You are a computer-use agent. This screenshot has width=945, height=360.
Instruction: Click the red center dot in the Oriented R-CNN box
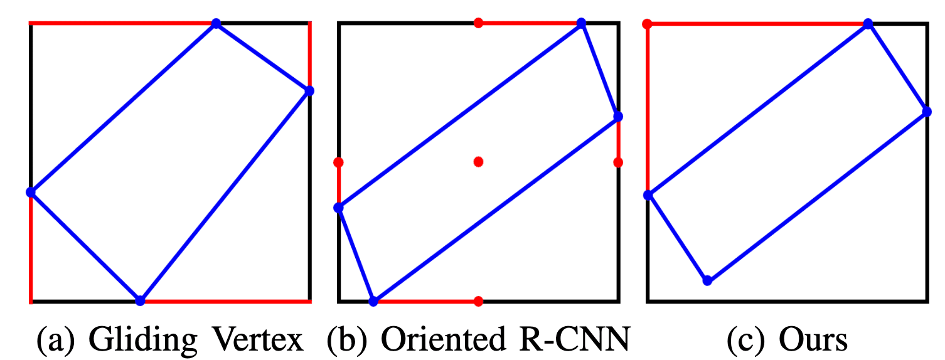[x=478, y=162]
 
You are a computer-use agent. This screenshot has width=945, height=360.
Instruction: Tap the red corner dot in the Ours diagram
[x=648, y=24]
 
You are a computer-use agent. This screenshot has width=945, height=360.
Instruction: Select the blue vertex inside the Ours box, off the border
[x=707, y=280]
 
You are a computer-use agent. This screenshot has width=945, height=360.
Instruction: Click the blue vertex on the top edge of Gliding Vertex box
[x=216, y=24]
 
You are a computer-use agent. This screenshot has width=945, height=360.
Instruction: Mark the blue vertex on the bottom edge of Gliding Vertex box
[x=140, y=300]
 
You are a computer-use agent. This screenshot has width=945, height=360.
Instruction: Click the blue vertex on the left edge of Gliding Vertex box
[x=31, y=192]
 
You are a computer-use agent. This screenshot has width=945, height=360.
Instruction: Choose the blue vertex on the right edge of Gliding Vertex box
[x=309, y=91]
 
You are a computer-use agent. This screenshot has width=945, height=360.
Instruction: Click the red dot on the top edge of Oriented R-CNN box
[x=478, y=23]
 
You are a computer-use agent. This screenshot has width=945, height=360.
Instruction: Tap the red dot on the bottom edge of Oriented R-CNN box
[x=478, y=301]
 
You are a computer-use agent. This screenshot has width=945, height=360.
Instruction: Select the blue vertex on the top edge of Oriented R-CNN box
[x=581, y=23]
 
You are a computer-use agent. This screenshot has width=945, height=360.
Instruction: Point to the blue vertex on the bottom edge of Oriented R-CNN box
[x=373, y=301]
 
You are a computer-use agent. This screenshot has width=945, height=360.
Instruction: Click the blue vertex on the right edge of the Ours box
[x=926, y=112]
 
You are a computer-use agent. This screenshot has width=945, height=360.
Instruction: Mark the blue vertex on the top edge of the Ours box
[x=868, y=24]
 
